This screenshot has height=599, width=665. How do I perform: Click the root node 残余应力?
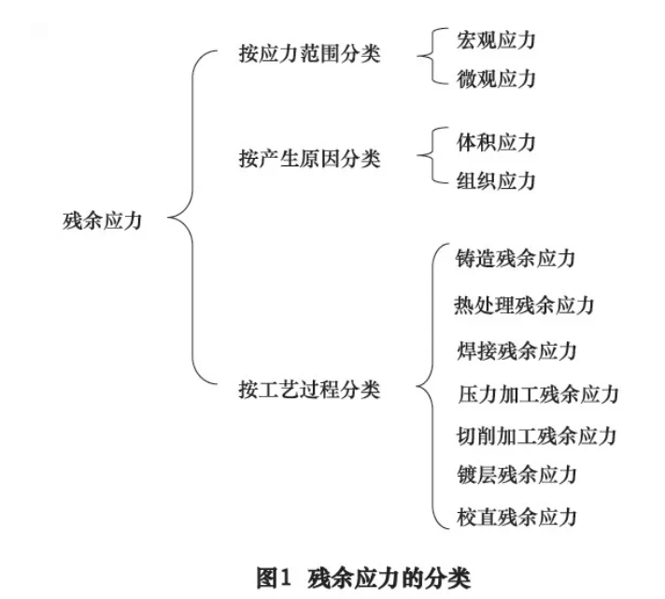point(102,221)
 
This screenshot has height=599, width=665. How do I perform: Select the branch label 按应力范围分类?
point(310,53)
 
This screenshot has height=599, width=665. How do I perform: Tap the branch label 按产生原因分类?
point(310,159)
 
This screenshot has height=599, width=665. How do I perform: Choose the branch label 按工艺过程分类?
point(310,389)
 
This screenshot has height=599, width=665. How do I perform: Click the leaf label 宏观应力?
point(496,39)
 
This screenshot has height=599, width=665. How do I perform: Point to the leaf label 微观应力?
point(496,78)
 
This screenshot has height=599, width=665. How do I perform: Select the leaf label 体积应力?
point(496,142)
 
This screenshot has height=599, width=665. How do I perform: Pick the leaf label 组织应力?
point(496,180)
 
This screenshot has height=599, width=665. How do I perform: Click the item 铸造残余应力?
point(516,259)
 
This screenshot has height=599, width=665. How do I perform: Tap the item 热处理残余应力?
point(525,305)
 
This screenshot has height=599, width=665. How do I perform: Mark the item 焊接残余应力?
point(516,350)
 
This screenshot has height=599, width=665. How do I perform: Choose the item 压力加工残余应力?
point(537,393)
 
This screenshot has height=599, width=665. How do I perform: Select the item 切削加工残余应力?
point(537,435)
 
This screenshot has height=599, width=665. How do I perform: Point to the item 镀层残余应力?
point(516,475)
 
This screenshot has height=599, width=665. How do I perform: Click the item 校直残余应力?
point(516,516)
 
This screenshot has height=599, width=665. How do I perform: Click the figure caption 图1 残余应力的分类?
point(364,576)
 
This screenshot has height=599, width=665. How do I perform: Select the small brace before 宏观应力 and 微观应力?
point(428,58)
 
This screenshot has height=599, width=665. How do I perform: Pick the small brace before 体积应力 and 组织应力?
point(428,161)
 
